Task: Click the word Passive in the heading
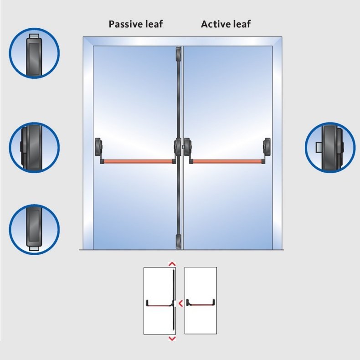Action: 124,24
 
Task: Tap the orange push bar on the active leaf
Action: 227,161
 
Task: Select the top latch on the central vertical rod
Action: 178,54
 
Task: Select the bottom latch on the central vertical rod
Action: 178,242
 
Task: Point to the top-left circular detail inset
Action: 34,53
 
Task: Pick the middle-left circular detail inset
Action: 34,147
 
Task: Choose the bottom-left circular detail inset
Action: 34,229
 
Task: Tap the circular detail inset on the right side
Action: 330,147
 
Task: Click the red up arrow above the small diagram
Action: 172,264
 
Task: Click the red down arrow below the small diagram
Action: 172,339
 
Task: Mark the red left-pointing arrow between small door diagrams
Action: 181,303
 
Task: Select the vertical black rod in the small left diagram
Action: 174,299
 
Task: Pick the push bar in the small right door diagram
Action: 201,303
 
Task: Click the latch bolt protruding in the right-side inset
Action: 319,147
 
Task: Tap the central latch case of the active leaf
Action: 188,147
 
